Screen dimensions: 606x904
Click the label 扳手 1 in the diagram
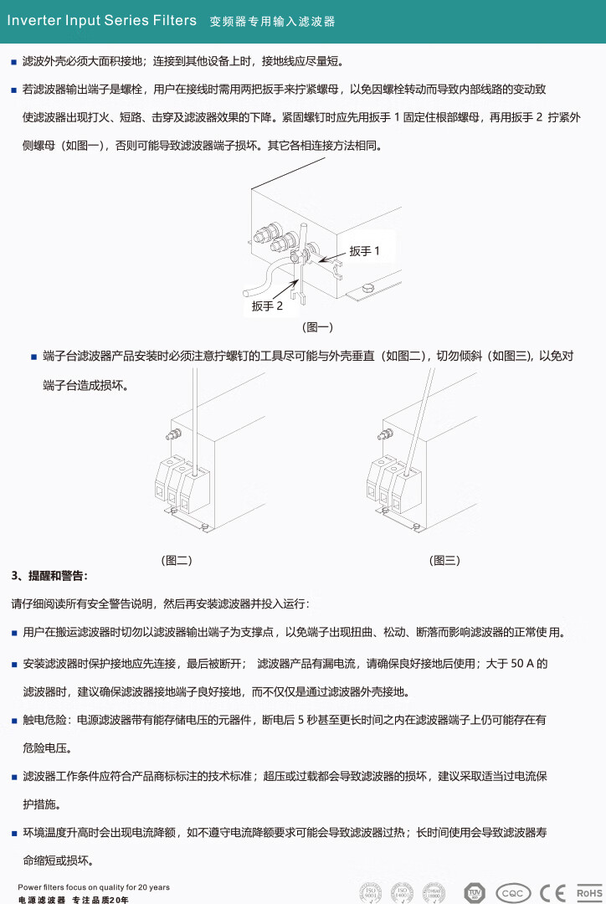click(x=365, y=251)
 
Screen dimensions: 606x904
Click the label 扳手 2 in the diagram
click(x=268, y=306)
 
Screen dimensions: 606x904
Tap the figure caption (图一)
click(x=317, y=327)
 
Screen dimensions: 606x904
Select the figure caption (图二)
click(x=177, y=561)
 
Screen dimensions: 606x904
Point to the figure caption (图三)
click(x=444, y=561)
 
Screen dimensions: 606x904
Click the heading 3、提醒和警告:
click(x=49, y=576)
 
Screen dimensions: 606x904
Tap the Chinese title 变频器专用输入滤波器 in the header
click(x=272, y=22)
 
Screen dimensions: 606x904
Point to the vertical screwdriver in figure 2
click(x=194, y=419)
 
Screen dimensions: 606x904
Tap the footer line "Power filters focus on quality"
click(x=94, y=887)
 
